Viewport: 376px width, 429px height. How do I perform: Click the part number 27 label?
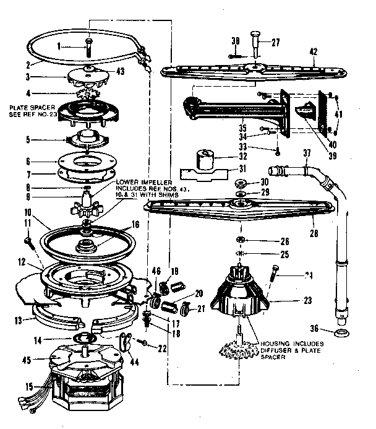click(276, 43)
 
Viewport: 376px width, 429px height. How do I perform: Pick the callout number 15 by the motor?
click(9, 387)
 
